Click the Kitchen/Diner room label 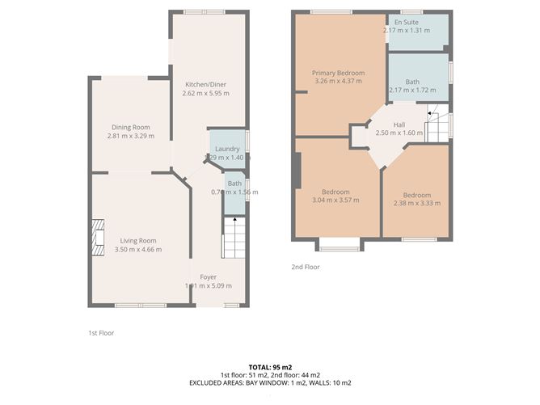pyautogui.click(x=206, y=84)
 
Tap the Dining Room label pyautogui.click(x=129, y=127)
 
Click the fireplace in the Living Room pyautogui.click(x=97, y=238)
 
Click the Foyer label pyautogui.click(x=209, y=277)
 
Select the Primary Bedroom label pyautogui.click(x=339, y=73)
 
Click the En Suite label pyautogui.click(x=406, y=22)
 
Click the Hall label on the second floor pyautogui.click(x=399, y=124)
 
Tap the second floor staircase pyautogui.click(x=436, y=125)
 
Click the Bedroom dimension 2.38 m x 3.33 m pyautogui.click(x=417, y=204)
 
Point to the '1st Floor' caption pyautogui.click(x=103, y=332)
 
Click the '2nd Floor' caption pyautogui.click(x=306, y=267)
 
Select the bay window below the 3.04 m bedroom pyautogui.click(x=339, y=246)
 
